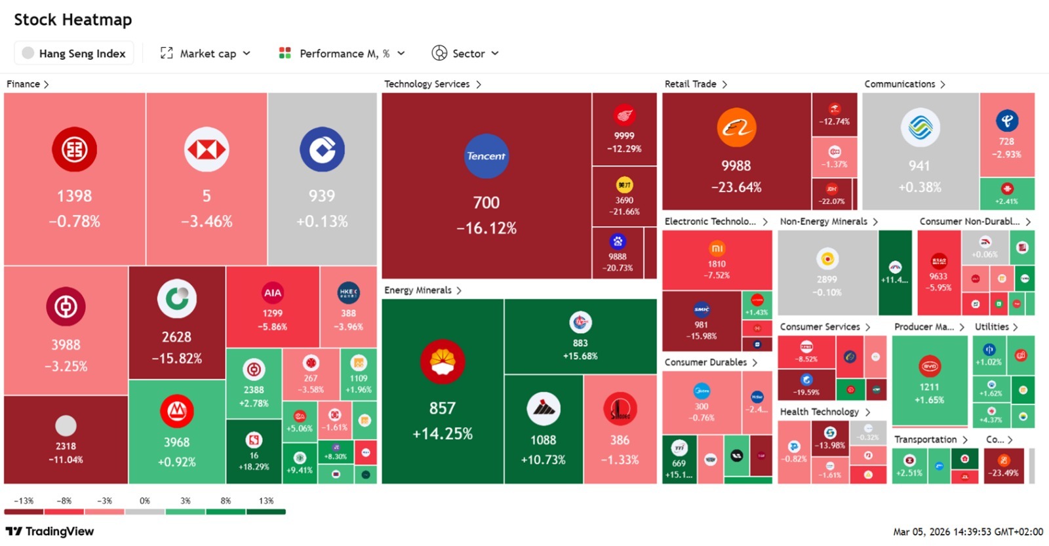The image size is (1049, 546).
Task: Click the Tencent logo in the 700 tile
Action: tap(486, 156)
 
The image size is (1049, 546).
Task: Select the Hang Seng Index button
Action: tap(74, 53)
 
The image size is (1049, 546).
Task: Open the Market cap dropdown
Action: tap(205, 53)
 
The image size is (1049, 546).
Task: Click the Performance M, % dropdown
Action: tap(342, 53)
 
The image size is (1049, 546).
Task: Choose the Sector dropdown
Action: tap(465, 53)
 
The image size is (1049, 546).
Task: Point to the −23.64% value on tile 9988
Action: tap(736, 187)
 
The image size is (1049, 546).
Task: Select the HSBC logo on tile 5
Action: tap(207, 150)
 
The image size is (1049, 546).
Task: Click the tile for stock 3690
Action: tap(624, 196)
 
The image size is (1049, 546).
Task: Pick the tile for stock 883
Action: tap(580, 336)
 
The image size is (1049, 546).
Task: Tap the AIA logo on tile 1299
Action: tap(272, 293)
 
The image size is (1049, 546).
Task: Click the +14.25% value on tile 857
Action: tap(443, 433)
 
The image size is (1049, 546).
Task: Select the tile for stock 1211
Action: tap(929, 380)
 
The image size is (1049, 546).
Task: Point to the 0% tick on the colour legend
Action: tap(145, 501)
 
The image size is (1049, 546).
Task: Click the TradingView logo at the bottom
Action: tap(50, 531)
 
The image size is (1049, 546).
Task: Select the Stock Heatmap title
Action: tap(73, 20)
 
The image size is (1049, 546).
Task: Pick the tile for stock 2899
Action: tap(827, 272)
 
